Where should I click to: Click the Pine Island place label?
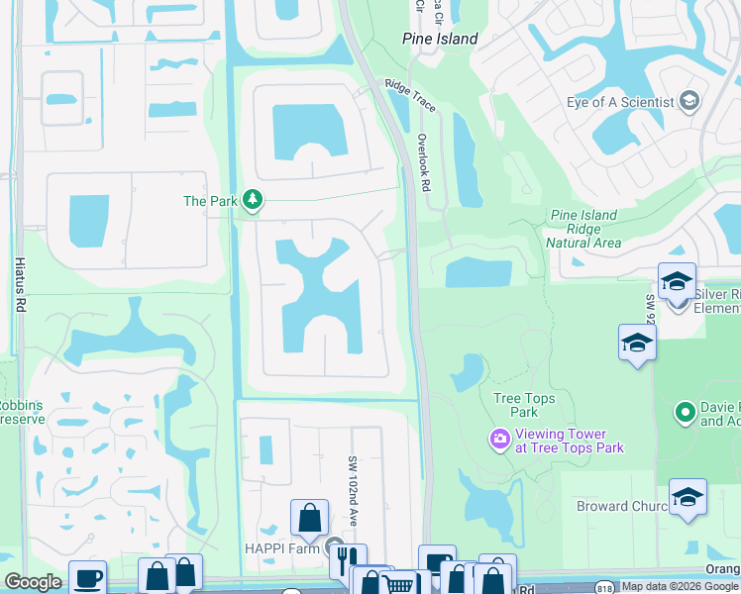[x=440, y=39]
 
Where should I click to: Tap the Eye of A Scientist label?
[x=620, y=101]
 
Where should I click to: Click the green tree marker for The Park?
[x=254, y=201]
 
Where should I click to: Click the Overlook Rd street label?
[x=423, y=170]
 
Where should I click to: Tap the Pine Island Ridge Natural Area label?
[x=583, y=229]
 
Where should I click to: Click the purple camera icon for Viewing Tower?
[x=499, y=438]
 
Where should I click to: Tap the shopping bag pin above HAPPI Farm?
[x=309, y=517]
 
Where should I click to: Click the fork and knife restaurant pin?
[x=347, y=560]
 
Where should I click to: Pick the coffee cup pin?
[x=87, y=578]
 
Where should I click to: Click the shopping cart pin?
[x=398, y=585]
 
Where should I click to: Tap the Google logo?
[x=33, y=583]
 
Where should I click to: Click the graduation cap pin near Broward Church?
[x=688, y=498]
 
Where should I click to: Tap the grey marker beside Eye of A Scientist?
[x=689, y=101]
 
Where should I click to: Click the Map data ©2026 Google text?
[x=680, y=586]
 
